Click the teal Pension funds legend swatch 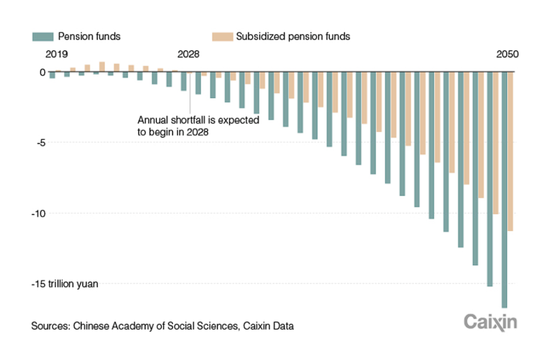tap(43, 37)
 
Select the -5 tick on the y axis tap(40, 142)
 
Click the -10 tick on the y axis tap(37, 213)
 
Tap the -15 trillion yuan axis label tap(64, 284)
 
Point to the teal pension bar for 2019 tap(52, 75)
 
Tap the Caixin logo tap(490, 322)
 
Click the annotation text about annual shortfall tap(198, 125)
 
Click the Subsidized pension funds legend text tap(293, 37)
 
